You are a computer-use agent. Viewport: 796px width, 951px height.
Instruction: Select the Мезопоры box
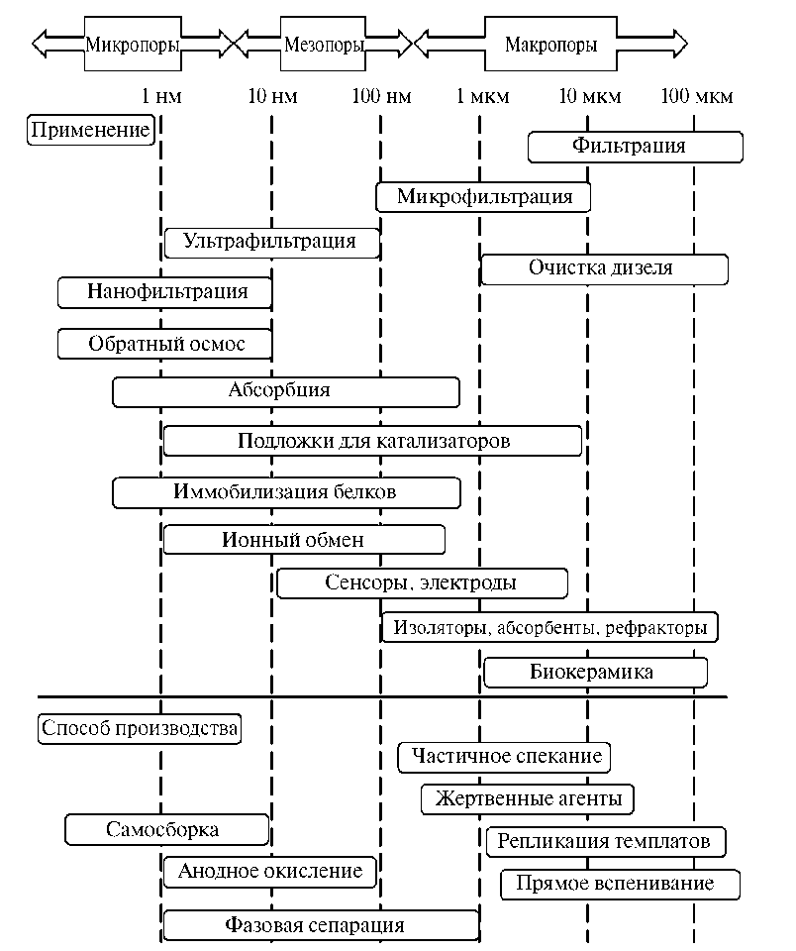(x=323, y=44)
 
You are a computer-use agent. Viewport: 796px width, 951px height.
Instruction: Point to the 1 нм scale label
(x=162, y=97)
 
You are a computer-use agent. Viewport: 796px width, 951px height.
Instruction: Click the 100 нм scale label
(x=381, y=97)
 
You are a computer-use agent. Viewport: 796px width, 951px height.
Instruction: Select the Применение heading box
(x=90, y=130)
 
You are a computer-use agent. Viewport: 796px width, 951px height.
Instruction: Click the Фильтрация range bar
(x=635, y=147)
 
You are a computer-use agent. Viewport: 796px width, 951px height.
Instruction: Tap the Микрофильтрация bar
(x=483, y=196)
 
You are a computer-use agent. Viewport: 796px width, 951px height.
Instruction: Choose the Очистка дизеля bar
(x=604, y=268)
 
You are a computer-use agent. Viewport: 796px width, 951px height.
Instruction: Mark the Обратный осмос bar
(x=164, y=344)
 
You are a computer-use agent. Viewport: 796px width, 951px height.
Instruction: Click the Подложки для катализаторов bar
(x=372, y=441)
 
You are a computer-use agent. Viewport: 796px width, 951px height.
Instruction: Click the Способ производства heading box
(x=140, y=729)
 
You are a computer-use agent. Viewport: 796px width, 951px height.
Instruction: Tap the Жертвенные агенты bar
(x=528, y=798)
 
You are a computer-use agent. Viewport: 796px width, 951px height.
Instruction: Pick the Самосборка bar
(x=166, y=829)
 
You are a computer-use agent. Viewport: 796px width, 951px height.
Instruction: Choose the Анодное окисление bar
(x=269, y=872)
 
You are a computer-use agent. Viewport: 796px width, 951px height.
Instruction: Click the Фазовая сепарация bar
(x=321, y=926)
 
